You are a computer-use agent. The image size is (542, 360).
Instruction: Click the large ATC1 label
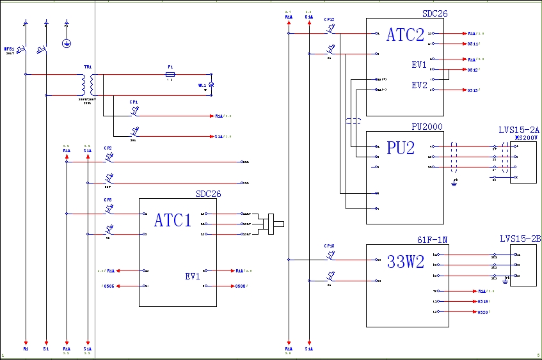173,221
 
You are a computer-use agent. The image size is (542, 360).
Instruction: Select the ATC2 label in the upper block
405,35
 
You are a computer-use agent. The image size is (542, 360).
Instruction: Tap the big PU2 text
401,148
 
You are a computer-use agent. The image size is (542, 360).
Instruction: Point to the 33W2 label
405,262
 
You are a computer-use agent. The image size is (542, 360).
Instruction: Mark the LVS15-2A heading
519,130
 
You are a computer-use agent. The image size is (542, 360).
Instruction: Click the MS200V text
527,137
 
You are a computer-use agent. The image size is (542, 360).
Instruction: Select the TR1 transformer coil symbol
88,84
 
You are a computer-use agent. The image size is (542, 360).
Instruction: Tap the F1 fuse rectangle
170,74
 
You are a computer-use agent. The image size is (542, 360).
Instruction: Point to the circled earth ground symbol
67,43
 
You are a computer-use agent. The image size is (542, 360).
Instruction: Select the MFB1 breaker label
9,48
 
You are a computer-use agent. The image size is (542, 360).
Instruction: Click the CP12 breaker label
329,20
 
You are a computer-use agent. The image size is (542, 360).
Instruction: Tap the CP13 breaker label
329,246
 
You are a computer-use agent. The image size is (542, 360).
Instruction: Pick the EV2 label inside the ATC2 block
419,85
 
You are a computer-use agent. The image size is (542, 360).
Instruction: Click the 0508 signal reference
241,286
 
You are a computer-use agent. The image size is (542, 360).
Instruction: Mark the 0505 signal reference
108,286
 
